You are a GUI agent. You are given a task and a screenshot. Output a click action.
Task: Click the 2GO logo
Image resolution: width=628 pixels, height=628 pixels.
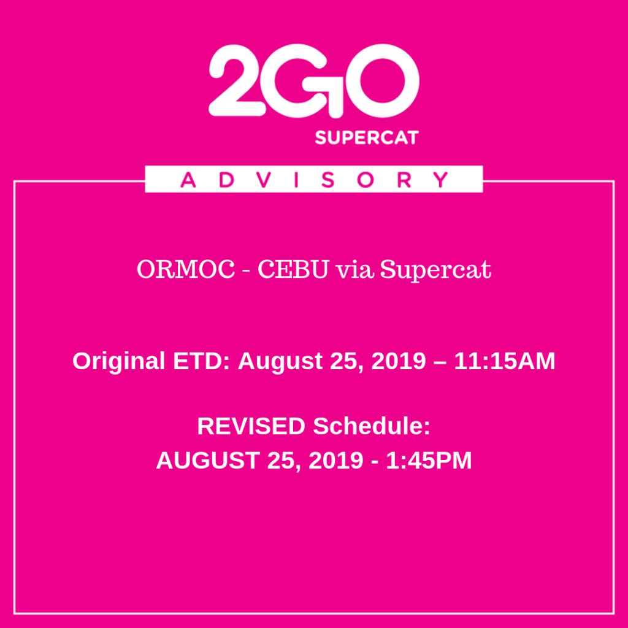314,81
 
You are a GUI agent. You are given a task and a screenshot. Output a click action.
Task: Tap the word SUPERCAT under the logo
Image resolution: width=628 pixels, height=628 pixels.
367,137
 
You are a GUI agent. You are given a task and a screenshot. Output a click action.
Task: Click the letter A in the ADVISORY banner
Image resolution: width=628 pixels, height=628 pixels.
188,180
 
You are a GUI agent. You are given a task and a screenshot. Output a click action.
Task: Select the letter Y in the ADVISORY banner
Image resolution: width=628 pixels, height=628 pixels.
440,180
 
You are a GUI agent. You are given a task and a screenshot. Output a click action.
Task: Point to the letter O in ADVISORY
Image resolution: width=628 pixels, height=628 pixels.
366,180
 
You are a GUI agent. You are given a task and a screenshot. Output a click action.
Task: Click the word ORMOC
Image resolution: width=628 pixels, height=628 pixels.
186,269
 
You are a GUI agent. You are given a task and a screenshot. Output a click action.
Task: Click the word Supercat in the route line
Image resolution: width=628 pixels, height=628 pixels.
435,270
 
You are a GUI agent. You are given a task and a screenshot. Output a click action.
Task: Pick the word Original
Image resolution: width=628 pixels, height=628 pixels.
118,361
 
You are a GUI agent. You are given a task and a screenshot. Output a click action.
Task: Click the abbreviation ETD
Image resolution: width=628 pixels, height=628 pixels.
202,361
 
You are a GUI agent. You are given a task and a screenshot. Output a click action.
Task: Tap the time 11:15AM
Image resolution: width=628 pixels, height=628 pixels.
505,361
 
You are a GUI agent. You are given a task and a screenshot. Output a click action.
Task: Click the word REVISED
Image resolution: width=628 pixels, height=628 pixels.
251,426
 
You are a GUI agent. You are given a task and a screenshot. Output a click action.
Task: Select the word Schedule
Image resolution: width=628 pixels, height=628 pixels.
372,426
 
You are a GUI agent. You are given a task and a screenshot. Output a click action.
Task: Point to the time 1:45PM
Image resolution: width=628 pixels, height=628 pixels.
429,461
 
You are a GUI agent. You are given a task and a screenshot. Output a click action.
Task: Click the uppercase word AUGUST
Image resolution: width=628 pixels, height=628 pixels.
207,461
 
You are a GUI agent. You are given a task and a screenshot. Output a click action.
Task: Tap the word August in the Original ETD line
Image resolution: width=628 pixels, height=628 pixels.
280,362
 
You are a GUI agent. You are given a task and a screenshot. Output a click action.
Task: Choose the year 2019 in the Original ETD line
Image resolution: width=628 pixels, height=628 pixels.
399,361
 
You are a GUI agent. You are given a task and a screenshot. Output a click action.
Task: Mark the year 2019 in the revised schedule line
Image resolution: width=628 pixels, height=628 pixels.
336,461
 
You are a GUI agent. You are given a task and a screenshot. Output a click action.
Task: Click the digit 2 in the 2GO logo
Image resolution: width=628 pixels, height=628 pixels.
237,80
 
